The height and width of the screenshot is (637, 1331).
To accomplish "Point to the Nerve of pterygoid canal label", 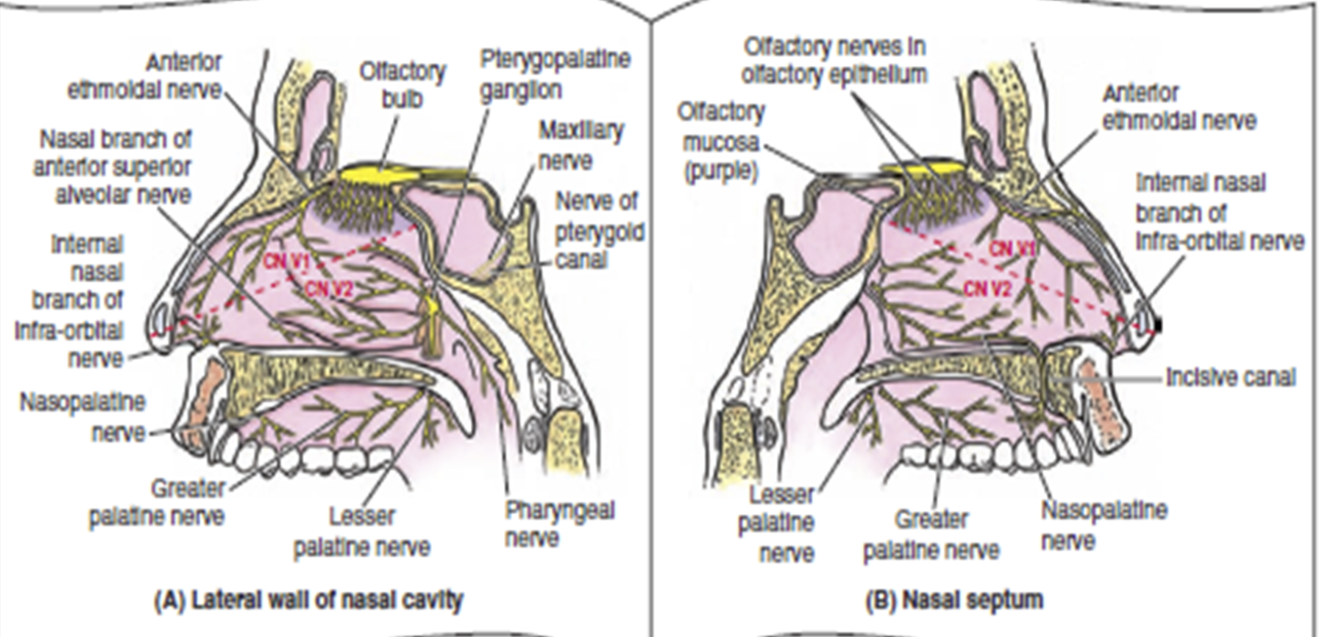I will click(x=601, y=230).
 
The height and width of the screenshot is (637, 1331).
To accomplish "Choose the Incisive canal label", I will click(x=1229, y=377).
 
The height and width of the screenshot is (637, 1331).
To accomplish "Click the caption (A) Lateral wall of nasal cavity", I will click(x=309, y=602).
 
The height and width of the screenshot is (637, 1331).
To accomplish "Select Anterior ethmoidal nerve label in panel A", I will click(x=144, y=76).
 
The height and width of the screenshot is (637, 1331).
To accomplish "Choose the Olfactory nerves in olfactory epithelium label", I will click(x=834, y=59).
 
